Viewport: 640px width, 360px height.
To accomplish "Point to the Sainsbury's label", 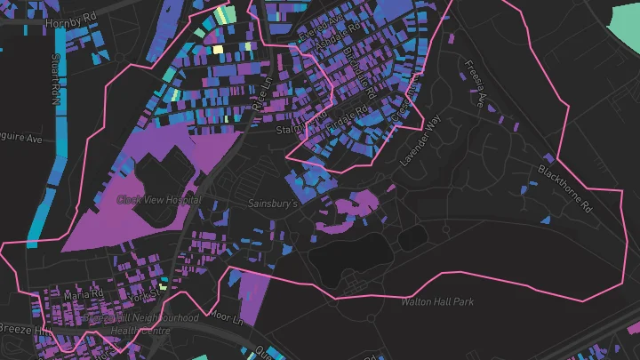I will click(x=271, y=204).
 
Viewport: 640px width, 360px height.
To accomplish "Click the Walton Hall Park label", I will click(x=436, y=302).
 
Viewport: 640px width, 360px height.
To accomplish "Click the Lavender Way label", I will click(x=419, y=136).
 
